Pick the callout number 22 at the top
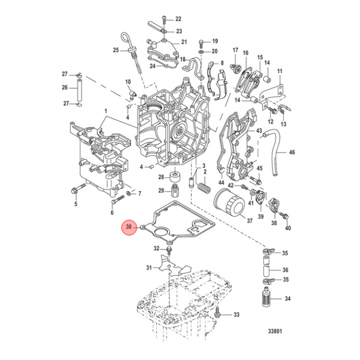coord(177,19)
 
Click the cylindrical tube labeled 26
coord(78,89)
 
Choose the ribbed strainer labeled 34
coord(266,299)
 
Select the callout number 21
coord(183,42)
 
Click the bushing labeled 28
coord(175,177)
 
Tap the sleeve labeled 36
coord(266,270)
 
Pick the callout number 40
coord(287,228)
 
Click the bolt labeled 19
coord(201,41)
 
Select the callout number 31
coord(148,268)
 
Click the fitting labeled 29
coord(174,190)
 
